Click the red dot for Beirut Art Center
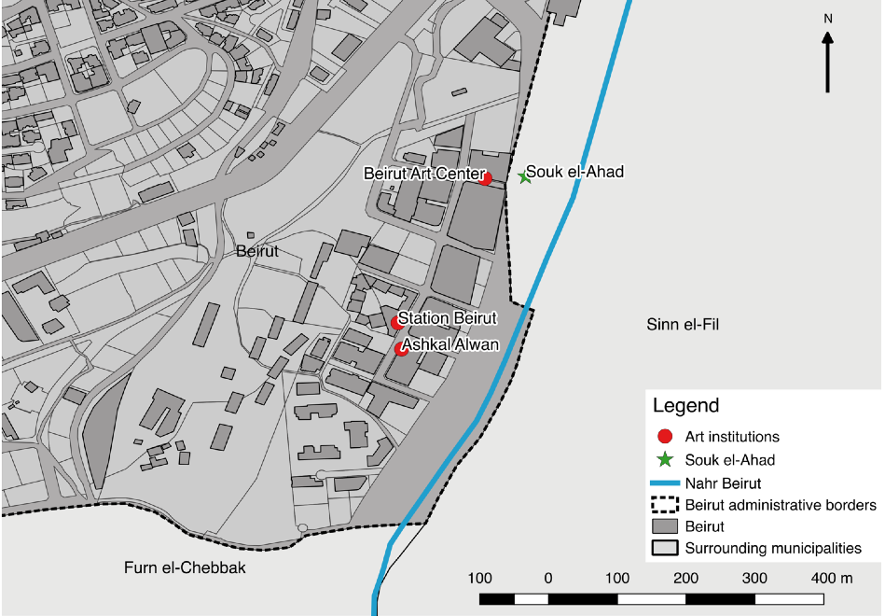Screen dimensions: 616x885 pyautogui.click(x=486, y=178)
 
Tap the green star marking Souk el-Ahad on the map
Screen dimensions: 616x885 pyautogui.click(x=525, y=175)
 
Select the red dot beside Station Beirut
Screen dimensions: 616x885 pyautogui.click(x=396, y=323)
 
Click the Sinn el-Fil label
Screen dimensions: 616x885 pyautogui.click(x=683, y=324)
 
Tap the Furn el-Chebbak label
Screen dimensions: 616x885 pyautogui.click(x=185, y=567)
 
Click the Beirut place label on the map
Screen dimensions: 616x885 pyautogui.click(x=257, y=251)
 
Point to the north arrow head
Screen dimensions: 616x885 pyautogui.click(x=827, y=38)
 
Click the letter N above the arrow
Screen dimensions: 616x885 pyautogui.click(x=827, y=18)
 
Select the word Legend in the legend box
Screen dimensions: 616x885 pyautogui.click(x=685, y=406)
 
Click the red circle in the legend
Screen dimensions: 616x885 pyautogui.click(x=665, y=437)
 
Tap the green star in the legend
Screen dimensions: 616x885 pyautogui.click(x=665, y=460)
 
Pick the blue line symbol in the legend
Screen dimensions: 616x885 pyautogui.click(x=665, y=483)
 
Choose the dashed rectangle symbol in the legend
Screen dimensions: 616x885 pyautogui.click(x=665, y=505)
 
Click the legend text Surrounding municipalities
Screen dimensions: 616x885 pyautogui.click(x=773, y=548)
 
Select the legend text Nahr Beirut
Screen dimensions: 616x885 pyautogui.click(x=724, y=483)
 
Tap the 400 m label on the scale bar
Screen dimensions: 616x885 pyautogui.click(x=831, y=578)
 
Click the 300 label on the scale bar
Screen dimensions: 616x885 pyautogui.click(x=755, y=578)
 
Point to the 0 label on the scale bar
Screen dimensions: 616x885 pyautogui.click(x=548, y=578)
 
